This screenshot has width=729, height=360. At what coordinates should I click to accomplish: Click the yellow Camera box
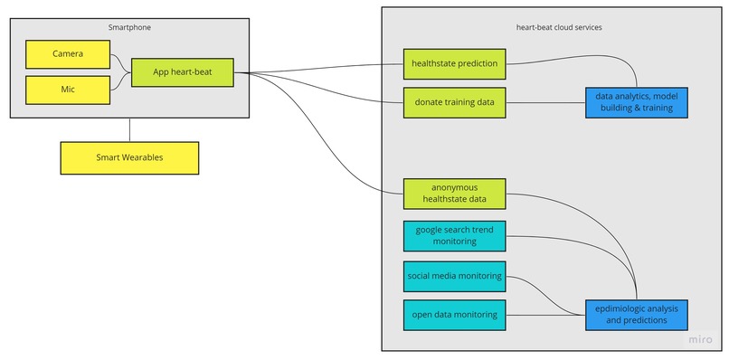point(67,54)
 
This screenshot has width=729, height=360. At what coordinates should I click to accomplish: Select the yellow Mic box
point(67,90)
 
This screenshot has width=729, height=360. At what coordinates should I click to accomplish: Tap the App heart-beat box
point(182,72)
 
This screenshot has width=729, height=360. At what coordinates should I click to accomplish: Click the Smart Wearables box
point(129,157)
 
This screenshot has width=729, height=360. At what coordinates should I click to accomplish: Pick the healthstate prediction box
point(454,63)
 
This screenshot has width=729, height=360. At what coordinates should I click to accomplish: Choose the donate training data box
point(454,102)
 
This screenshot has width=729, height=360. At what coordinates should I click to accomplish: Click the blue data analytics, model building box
point(636,102)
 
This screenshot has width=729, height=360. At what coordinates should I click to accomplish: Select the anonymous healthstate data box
point(454,194)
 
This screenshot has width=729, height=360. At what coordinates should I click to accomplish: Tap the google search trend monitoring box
point(454,235)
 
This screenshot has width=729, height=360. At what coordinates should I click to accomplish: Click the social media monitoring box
point(454,275)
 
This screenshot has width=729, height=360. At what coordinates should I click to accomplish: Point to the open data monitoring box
point(454,315)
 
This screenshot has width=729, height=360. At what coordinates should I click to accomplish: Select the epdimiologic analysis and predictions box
point(636,314)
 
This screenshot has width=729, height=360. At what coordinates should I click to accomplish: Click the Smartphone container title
point(129,27)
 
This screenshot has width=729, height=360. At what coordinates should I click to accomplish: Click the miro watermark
point(700,339)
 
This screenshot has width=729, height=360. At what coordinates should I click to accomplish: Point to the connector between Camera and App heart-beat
point(119,62)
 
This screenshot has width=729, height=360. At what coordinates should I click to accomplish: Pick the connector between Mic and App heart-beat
point(119,83)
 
